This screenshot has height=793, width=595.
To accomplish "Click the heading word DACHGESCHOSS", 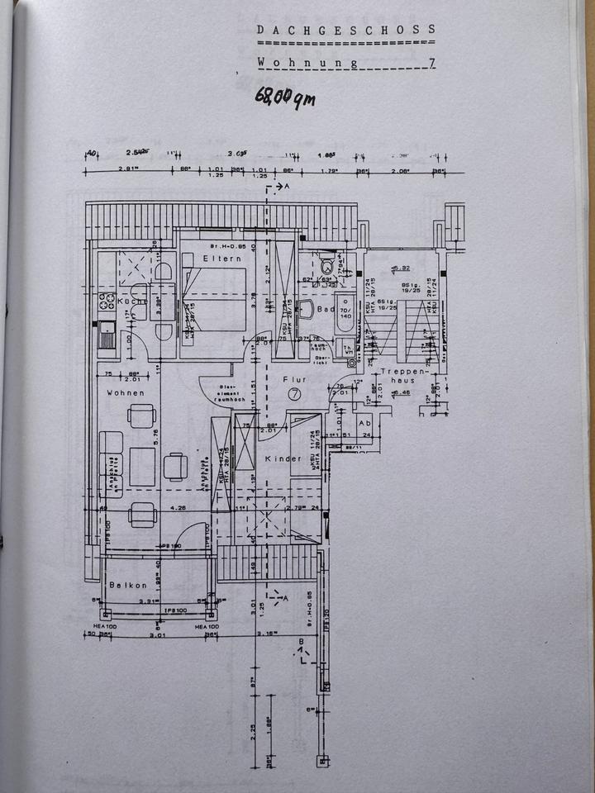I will (346, 31).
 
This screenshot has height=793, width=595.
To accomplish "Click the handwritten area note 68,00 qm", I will (284, 97).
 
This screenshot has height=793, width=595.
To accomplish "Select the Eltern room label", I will (222, 259).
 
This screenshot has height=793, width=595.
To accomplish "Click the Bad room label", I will (325, 310).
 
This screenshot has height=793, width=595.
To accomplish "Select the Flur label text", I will (294, 380).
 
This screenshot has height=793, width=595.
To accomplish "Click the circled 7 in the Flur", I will (294, 394).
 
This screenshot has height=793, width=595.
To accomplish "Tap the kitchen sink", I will (107, 335).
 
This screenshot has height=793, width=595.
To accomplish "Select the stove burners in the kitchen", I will (107, 301).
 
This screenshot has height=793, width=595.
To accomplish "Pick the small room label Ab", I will (364, 421).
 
